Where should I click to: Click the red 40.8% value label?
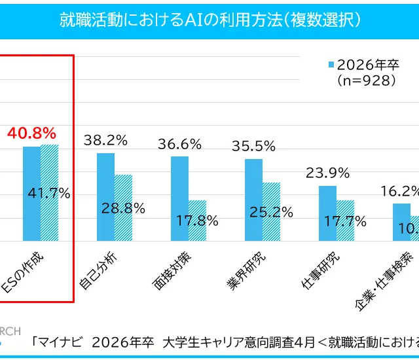coord(31,134)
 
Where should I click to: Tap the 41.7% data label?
coord(49,194)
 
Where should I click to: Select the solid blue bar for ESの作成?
coord(31,194)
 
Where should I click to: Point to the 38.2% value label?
coord(105,139)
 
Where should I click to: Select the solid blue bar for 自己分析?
coord(105,196)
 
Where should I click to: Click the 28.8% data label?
coord(123,208)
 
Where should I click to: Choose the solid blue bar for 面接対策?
coord(179,198)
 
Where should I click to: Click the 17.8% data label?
coord(197,221)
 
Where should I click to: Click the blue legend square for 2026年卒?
coord(331,64)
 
